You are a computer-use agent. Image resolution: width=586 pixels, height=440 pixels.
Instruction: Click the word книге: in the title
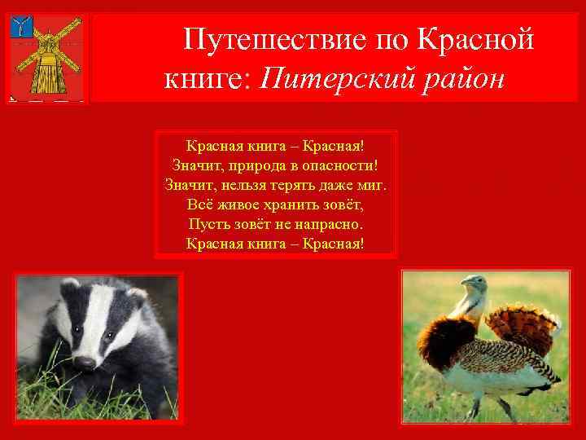pos(211,78)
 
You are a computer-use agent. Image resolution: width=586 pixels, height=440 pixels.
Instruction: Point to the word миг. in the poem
pos(374,185)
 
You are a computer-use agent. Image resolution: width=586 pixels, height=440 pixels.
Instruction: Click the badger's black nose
pos(85,361)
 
